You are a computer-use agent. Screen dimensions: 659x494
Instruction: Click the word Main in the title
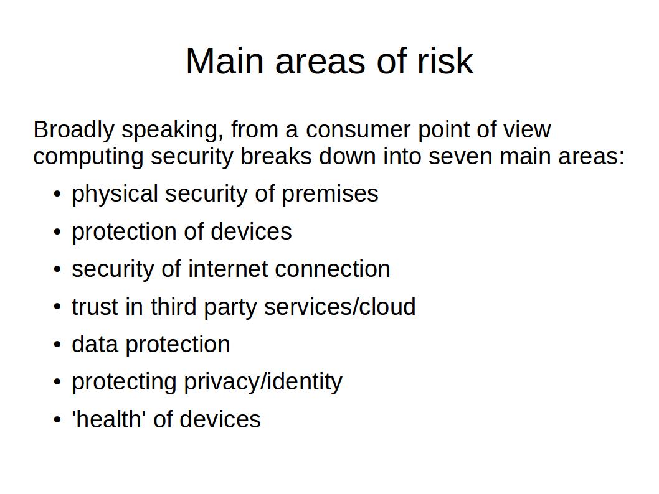tap(225, 61)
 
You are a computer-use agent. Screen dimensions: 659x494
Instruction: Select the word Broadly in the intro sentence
tap(73, 130)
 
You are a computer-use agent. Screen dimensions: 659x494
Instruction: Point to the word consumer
tap(358, 129)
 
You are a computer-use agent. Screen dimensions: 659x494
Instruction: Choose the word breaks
tap(276, 156)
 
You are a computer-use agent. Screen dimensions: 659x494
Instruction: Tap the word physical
tap(115, 194)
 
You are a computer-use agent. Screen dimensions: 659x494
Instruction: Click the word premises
tap(330, 195)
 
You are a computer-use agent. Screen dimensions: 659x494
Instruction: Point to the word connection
tap(333, 269)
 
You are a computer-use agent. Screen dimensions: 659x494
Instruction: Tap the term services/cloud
tap(339, 306)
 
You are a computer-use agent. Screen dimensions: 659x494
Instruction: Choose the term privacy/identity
tap(263, 382)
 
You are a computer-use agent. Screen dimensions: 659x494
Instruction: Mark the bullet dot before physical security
tap(57, 195)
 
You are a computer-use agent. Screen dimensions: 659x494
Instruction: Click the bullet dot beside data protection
tap(57, 345)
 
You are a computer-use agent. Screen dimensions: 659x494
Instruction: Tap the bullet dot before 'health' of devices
tap(57, 420)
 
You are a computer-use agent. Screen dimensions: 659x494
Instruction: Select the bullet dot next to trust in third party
tap(57, 307)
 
